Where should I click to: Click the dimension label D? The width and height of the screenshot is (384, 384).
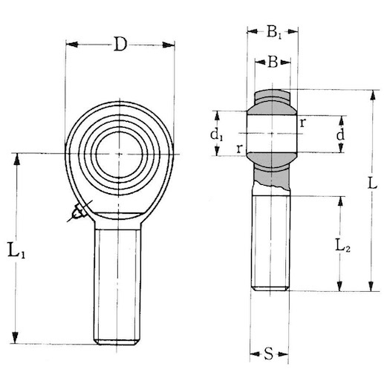(x=120, y=45)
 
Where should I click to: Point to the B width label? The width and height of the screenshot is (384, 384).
(x=273, y=63)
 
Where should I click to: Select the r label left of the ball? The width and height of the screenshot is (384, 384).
(x=238, y=149)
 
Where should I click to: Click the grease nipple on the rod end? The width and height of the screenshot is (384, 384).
(x=77, y=214)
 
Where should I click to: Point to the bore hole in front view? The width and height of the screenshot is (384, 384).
(x=120, y=153)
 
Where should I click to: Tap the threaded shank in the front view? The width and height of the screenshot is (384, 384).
(x=117, y=282)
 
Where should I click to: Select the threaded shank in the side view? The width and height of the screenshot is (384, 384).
(x=270, y=241)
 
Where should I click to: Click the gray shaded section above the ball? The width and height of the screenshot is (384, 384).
(x=273, y=97)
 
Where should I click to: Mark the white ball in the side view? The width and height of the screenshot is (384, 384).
(x=272, y=134)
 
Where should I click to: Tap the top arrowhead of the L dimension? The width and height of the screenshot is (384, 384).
(x=369, y=94)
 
